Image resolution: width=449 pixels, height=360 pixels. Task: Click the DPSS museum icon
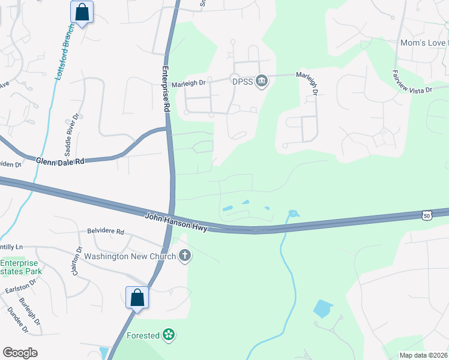(x=261, y=81)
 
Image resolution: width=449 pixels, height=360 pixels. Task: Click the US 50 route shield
(x=426, y=215)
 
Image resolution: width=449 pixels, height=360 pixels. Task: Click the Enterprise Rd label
(x=166, y=89)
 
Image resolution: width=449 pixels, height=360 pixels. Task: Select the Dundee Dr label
(x=17, y=320)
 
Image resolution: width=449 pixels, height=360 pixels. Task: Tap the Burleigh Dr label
(x=29, y=311)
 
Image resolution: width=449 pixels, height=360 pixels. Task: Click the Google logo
(x=20, y=353)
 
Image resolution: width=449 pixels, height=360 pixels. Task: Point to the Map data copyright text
(x=423, y=355)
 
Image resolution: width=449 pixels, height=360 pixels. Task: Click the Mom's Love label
(x=424, y=43)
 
